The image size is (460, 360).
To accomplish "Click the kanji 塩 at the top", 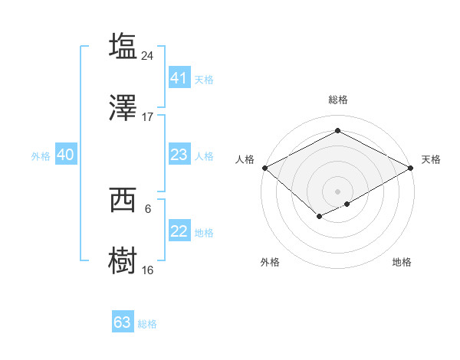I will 123,45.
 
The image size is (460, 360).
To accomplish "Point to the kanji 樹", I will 123,260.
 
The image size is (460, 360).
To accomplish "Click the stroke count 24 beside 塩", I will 148,55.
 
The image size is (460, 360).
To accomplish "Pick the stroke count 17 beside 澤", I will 148,116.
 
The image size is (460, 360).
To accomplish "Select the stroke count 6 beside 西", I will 148,208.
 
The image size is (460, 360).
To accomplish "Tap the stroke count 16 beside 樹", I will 148,270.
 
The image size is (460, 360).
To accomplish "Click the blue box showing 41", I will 179,78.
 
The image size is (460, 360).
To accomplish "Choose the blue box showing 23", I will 179,155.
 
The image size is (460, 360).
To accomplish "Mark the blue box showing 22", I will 179,231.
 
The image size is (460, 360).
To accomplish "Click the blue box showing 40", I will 65,155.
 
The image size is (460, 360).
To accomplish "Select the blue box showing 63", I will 123,322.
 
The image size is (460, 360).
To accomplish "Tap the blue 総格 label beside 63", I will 147,324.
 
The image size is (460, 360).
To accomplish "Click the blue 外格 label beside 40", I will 41,156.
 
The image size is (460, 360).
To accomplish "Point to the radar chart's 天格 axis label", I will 431,159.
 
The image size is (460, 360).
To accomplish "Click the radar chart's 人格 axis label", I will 245,159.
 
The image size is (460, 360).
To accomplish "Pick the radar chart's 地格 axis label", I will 402,262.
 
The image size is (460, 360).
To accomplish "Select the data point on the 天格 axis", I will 412,168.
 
